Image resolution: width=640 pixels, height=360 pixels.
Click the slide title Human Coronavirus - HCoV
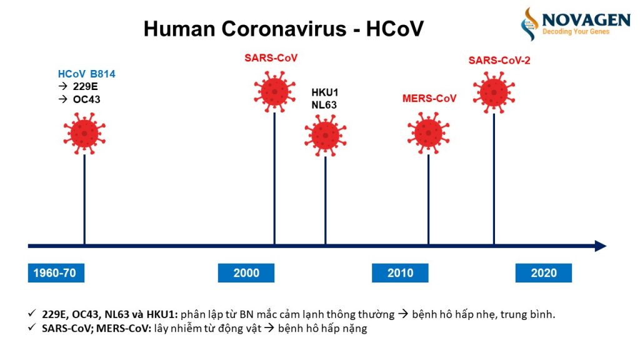click(283, 29)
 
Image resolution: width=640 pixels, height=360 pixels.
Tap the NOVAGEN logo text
click(586, 19)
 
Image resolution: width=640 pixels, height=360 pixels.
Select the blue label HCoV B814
click(86, 74)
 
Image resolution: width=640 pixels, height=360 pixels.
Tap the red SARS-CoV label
click(271, 58)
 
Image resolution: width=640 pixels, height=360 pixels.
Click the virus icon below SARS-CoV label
click(274, 91)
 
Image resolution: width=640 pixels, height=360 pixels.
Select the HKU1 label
click(324, 93)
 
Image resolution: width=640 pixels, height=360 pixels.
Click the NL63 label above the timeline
click(324, 105)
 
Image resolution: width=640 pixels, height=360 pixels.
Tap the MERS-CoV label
click(429, 99)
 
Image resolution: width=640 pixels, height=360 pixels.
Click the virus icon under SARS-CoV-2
click(494, 92)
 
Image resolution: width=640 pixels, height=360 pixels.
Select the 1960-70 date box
click(56, 273)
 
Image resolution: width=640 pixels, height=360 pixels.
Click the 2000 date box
click(246, 273)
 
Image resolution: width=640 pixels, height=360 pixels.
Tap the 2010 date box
click(400, 273)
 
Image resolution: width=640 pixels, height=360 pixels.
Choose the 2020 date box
click(543, 273)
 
